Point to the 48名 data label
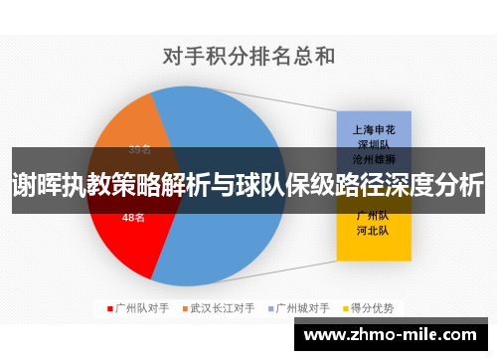click(x=133, y=217)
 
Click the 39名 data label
click(x=139, y=151)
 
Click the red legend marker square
click(x=109, y=307)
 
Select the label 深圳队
click(x=374, y=143)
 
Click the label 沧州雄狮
click(x=374, y=158)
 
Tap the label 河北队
click(x=374, y=230)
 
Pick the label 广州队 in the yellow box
click(x=374, y=215)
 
